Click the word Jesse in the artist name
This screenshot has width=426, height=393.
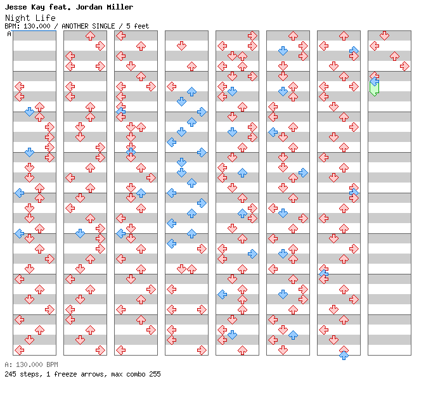[x=16, y=7]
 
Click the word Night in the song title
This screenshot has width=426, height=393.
[x=18, y=18]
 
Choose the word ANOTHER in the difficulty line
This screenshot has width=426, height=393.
[x=75, y=26]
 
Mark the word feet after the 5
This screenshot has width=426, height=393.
[x=141, y=26]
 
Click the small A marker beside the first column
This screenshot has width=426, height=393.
[x=10, y=34]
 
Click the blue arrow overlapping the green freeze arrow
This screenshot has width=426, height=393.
[x=375, y=81]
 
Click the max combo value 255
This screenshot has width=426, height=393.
[x=155, y=374]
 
